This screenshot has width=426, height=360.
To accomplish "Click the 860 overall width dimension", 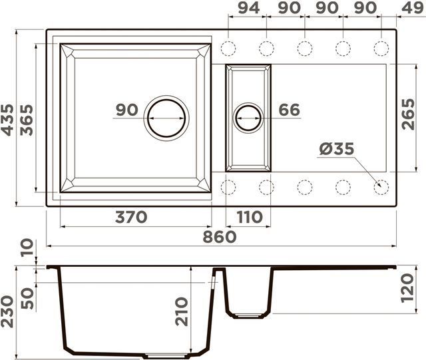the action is tap(220, 237).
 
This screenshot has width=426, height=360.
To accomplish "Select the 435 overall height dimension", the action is tap(7, 120).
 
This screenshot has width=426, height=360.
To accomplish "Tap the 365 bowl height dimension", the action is tap(27, 120).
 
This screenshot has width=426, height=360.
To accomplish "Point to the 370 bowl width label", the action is tap(131, 217).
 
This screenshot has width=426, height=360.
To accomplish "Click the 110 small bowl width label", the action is tap(250, 217).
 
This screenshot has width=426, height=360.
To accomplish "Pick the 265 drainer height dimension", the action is tap(408, 114).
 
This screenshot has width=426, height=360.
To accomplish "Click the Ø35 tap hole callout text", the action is tap(337, 149).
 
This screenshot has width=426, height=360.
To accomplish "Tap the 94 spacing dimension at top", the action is tap(249, 8).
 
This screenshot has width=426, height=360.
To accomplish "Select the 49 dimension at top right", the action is tap(413, 8).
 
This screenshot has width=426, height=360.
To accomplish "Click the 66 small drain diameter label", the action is tap(290, 110).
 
